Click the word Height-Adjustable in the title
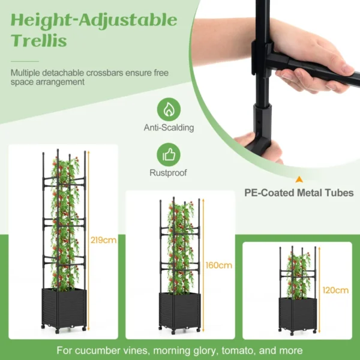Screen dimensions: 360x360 (x=94, y=20)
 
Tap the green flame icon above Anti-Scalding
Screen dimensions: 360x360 (x=169, y=110)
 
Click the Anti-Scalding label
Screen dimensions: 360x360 (x=169, y=128)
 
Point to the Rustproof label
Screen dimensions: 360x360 (x=169, y=173)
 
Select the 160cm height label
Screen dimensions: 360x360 (x=219, y=265)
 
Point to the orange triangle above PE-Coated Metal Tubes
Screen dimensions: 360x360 (x=298, y=179)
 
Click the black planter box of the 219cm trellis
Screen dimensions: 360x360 (x=63, y=308)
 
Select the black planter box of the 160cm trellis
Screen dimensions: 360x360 (x=179, y=310)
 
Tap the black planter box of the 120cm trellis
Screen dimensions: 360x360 (x=294, y=314)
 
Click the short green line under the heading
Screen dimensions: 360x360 (x=25, y=61)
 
